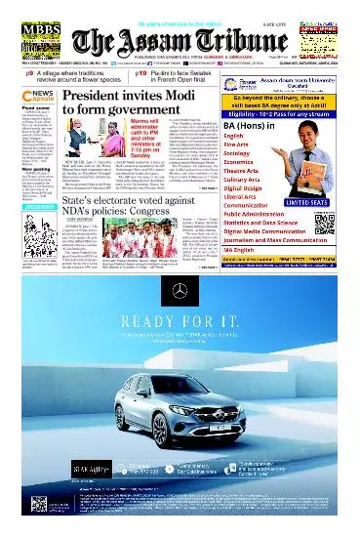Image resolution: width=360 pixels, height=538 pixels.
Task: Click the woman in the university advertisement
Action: tap(312, 151)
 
